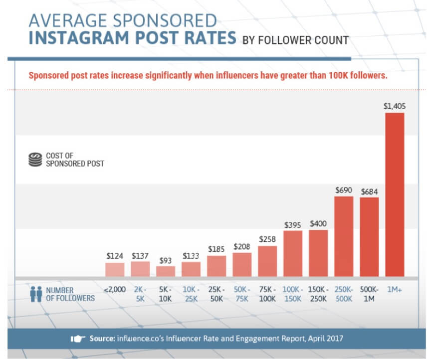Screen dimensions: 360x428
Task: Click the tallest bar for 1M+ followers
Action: [395, 194]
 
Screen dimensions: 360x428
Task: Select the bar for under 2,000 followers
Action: [115, 270]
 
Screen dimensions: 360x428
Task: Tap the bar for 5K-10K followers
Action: [166, 271]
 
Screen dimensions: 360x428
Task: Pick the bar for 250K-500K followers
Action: [344, 236]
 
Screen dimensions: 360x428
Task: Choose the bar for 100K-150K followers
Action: [293, 253]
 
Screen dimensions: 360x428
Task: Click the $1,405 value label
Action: [394, 106]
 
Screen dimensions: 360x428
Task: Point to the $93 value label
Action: [166, 260]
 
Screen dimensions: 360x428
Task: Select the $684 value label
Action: [369, 191]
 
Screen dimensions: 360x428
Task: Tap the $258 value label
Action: [267, 240]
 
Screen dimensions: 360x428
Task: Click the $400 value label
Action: [318, 223]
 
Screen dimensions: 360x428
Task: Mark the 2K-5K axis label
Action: [140, 294]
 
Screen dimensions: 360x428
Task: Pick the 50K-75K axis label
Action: [242, 294]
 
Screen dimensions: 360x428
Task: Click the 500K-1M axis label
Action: [369, 294]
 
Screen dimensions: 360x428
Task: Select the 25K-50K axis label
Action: [216, 294]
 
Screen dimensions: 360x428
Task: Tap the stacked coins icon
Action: [34, 159]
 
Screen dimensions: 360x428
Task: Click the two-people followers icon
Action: [35, 294]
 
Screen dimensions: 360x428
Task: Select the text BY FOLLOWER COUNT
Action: [295, 40]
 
